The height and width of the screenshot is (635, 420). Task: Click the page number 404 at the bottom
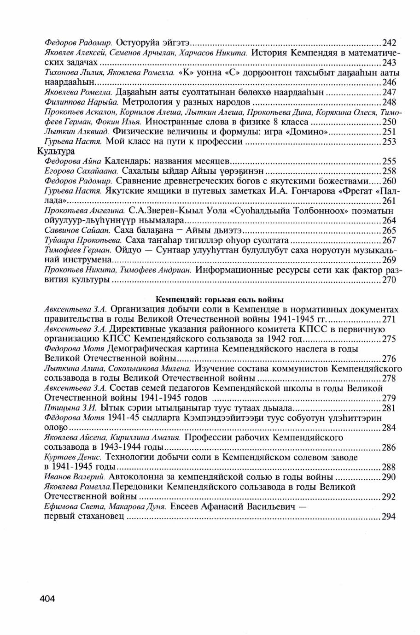click(47, 599)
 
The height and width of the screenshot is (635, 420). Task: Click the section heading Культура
click(56, 151)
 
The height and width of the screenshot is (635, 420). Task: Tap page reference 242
click(389, 43)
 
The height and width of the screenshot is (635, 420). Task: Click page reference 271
click(389, 319)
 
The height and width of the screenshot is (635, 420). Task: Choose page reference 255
click(389, 161)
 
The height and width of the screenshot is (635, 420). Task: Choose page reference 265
click(389, 230)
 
